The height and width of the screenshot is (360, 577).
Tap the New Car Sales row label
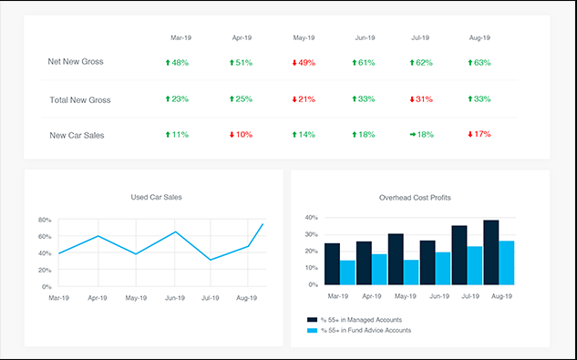coord(77,135)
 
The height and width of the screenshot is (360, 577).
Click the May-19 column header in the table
coord(304,38)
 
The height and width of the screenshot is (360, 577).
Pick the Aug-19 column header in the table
coord(479,38)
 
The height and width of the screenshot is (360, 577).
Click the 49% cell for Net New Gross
coord(304,63)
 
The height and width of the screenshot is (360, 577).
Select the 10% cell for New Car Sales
coord(241,134)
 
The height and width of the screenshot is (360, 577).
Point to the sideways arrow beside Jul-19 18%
coord(413,134)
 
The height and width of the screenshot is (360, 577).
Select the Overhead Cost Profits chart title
coord(415,197)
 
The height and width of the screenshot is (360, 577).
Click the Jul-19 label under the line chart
coord(211,297)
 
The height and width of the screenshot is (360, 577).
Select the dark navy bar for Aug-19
coord(491,252)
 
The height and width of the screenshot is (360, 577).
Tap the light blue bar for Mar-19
coord(347,272)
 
